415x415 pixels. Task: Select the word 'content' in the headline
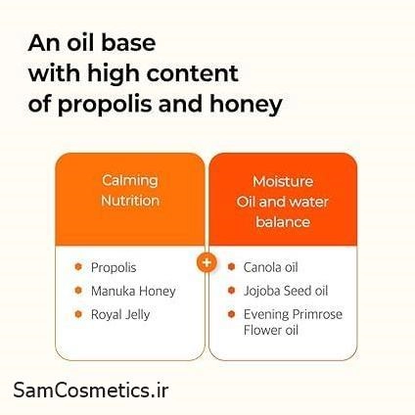193,72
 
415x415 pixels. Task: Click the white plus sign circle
207,262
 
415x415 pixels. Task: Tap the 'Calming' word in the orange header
130,181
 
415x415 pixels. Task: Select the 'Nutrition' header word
130,201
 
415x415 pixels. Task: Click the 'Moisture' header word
283,181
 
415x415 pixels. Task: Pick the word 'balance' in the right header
283,222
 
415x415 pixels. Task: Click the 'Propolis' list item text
114,267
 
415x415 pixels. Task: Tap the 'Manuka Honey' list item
133,291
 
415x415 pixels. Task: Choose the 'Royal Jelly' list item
120,315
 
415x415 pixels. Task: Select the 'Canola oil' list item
270,267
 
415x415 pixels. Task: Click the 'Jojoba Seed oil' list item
286,291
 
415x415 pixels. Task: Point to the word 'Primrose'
317,314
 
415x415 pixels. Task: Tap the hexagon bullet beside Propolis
78,267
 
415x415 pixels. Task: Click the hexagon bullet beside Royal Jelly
78,314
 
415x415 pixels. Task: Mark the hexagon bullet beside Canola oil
231,267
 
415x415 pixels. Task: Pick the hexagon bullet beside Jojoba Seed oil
231,290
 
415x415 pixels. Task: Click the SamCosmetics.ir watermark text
91,390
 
